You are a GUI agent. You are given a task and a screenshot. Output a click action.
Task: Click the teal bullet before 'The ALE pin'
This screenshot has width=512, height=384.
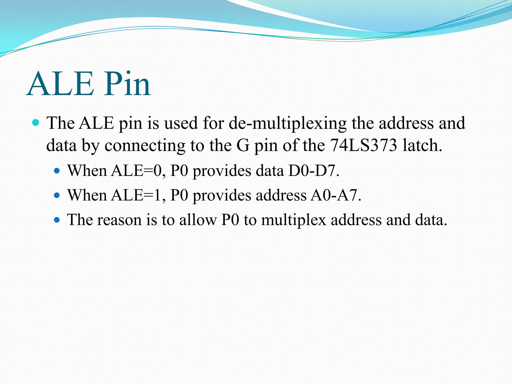tap(36, 122)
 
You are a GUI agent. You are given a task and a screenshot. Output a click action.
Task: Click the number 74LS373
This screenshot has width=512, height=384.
tap(363, 145)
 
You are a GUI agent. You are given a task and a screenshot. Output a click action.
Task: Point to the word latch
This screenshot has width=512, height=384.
tap(422, 145)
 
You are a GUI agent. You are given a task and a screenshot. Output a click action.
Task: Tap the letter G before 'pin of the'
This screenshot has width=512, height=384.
tap(243, 145)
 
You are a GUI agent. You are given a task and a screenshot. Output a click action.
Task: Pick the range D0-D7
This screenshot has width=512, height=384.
tap(313, 171)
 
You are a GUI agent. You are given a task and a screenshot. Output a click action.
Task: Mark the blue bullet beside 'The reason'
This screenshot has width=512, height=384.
tap(57, 220)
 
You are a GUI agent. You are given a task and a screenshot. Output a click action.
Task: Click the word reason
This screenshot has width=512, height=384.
tap(119, 220)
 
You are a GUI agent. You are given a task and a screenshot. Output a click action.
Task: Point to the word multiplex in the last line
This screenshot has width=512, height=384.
tap(293, 220)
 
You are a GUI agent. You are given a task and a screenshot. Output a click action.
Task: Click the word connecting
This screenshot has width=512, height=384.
tap(145, 146)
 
